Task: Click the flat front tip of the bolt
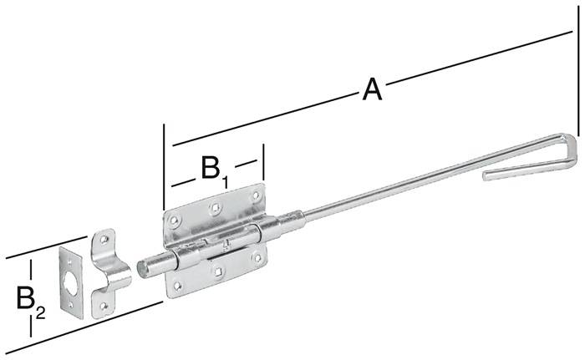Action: click(145, 268)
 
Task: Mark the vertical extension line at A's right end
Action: click(577, 84)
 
